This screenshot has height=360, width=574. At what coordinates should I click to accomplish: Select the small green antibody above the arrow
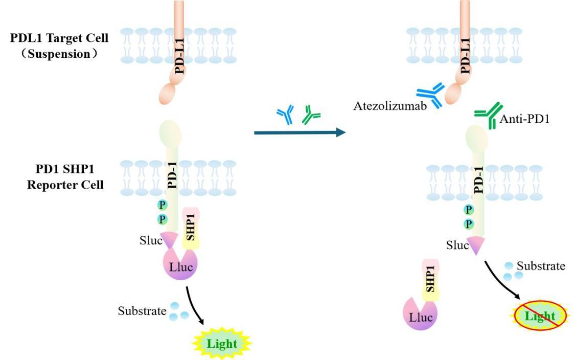(311, 116)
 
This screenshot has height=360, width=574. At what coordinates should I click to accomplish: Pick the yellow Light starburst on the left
(222, 343)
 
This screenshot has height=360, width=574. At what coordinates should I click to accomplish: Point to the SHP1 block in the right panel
(430, 279)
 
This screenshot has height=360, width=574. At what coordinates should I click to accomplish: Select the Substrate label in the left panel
(142, 310)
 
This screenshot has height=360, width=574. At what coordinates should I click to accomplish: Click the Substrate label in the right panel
(541, 266)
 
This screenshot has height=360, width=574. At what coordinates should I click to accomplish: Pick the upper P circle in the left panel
(163, 205)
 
